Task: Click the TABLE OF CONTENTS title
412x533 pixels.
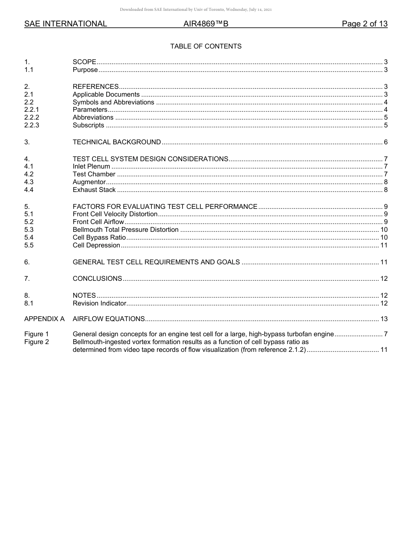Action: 206,46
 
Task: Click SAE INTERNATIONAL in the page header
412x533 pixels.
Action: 65,24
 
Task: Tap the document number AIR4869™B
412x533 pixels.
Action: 206,24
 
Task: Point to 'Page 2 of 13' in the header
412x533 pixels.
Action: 364,24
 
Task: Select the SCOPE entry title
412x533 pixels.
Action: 84,62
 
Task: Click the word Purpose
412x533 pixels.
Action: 85,70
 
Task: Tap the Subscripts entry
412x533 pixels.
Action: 88,126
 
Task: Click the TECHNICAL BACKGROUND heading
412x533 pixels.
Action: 117,142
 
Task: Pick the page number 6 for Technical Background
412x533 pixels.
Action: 386,142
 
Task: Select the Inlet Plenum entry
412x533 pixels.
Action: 92,166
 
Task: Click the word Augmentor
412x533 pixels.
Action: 89,182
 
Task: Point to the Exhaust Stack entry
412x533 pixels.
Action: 94,190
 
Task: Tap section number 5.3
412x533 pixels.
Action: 29,230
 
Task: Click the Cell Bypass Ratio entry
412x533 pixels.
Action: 99,237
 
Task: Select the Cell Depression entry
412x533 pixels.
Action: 96,245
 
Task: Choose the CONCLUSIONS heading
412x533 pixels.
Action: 97,279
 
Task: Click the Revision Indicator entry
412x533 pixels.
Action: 99,303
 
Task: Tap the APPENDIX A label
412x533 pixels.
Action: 44,319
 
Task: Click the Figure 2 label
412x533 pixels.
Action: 36,342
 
